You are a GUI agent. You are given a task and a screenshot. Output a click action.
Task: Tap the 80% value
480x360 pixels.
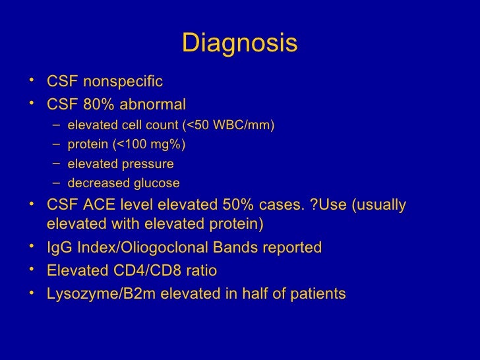coord(97,105)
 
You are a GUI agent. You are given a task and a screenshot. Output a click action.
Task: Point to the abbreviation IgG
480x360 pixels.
coord(59,248)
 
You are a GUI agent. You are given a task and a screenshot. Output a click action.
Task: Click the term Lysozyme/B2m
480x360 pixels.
coord(96,293)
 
